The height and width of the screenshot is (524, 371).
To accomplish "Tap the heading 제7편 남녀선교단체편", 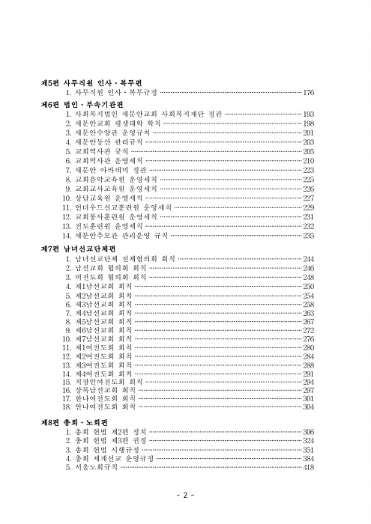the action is point(79,249).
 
